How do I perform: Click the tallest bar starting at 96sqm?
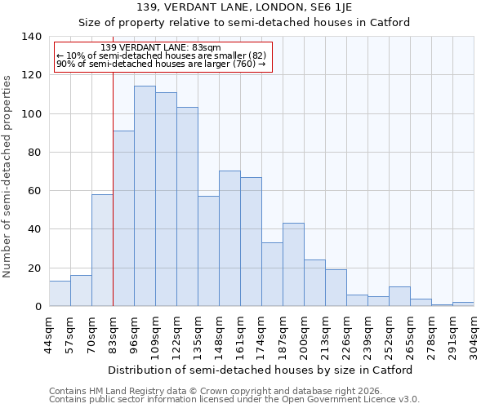point(145,196)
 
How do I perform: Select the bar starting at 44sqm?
point(60,294)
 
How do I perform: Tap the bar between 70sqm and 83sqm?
point(102,251)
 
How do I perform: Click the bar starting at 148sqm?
point(229,238)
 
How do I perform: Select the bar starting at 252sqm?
point(399,296)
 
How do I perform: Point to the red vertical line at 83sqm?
point(113,204)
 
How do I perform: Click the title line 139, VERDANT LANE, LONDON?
point(243,7)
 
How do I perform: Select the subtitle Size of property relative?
point(243,22)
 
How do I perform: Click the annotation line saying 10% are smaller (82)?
point(161,55)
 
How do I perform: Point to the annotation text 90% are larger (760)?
point(161,64)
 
